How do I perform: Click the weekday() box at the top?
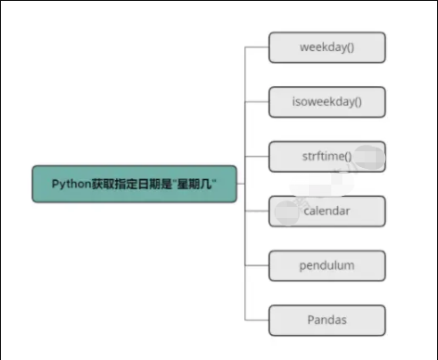327,47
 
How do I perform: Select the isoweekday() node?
327,101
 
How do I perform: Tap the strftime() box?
327,156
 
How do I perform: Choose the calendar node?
327,211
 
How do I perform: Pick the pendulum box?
327,265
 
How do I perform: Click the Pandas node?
327,320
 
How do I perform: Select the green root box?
134,184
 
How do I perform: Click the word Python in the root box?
70,184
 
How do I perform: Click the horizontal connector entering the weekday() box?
257,47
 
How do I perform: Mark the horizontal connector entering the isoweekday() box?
257,101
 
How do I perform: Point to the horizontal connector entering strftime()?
257,156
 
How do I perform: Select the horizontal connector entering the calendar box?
257,211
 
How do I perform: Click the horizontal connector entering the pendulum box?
257,265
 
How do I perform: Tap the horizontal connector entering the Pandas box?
257,320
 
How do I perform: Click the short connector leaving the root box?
240,184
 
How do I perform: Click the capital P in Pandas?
311,320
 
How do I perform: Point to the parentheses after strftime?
347,156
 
